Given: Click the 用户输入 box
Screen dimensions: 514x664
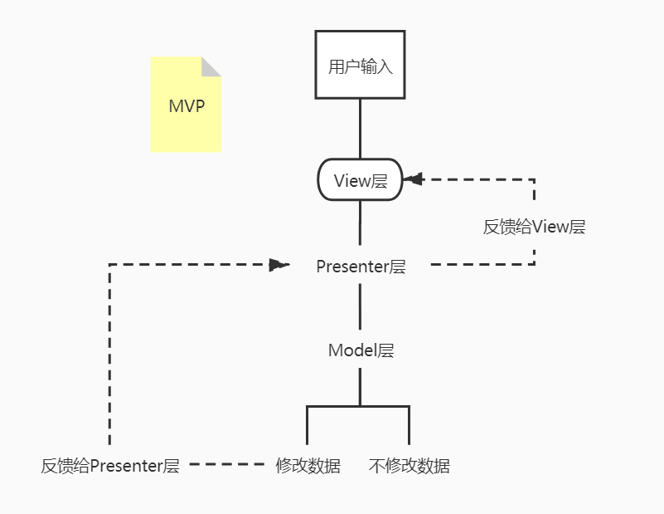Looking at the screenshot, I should click(360, 65).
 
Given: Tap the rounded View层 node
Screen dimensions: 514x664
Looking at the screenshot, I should click(360, 180).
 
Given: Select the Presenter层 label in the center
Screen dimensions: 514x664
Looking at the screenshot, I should click(361, 267).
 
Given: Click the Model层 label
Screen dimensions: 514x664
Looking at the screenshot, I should click(361, 350).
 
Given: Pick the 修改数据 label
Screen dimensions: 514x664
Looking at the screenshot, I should click(308, 465).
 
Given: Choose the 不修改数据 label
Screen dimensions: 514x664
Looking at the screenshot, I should click(409, 465).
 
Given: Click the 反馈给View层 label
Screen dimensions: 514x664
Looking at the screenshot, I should click(534, 227).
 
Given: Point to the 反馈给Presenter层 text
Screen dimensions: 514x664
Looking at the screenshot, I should click(110, 465).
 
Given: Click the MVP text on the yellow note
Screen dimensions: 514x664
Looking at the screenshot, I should click(187, 107).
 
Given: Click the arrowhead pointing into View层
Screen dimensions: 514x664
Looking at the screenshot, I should click(412, 179).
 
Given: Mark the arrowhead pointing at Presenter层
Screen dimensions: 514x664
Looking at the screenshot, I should click(279, 265).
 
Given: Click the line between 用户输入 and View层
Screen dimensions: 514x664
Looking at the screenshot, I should click(360, 128).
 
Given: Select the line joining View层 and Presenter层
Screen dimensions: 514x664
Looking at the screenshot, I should click(360, 223).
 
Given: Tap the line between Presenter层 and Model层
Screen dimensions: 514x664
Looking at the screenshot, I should click(360, 307).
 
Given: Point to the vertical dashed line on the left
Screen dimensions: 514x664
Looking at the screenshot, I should click(109, 357).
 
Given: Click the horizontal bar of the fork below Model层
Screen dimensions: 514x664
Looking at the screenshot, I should click(358, 407).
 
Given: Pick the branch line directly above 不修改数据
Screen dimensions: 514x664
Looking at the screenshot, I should click(410, 425).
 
